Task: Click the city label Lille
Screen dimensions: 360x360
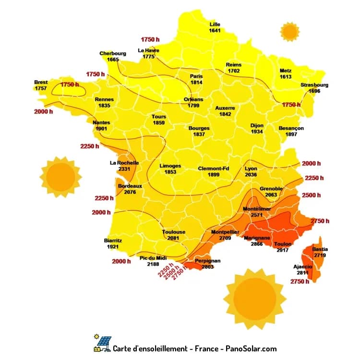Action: [x=215, y=24]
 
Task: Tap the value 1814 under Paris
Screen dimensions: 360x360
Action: [x=196, y=83]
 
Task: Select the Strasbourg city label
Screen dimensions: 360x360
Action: [x=314, y=85]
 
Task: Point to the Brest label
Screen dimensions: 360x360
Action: [x=41, y=82]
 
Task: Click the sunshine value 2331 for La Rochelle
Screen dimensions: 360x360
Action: [x=124, y=169]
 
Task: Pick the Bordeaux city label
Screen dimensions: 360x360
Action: [x=130, y=186]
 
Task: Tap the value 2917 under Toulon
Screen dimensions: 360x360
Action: [x=283, y=251]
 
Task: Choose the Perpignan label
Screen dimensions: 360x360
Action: [x=208, y=261]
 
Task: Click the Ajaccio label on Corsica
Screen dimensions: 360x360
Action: [x=303, y=266]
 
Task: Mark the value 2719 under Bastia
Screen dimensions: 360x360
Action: [x=320, y=256]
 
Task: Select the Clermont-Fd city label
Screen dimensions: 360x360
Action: [x=214, y=168]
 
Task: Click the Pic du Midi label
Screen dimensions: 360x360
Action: [x=153, y=258]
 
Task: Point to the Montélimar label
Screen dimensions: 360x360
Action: [x=257, y=209]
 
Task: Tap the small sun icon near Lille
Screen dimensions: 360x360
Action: [x=289, y=31]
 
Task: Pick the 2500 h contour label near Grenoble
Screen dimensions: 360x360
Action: [x=312, y=195]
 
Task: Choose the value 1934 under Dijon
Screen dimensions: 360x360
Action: [x=257, y=132]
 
